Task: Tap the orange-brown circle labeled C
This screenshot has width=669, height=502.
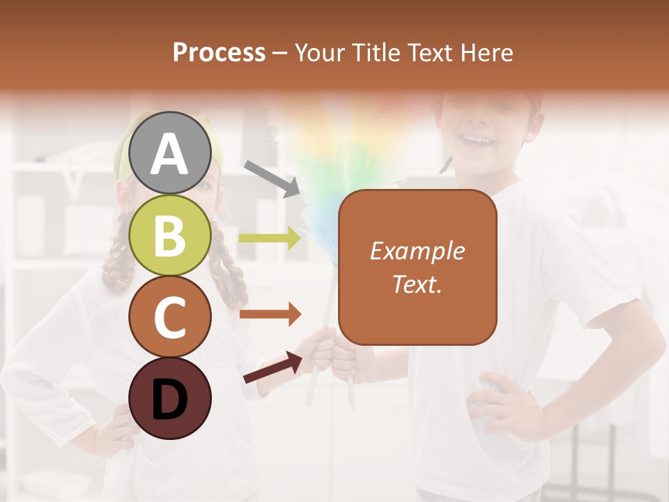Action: pyautogui.click(x=170, y=317)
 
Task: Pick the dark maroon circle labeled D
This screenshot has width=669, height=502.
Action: pyautogui.click(x=170, y=398)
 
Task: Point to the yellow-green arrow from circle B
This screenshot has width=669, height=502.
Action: pyautogui.click(x=270, y=238)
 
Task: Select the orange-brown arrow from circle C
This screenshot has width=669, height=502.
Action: pyautogui.click(x=270, y=314)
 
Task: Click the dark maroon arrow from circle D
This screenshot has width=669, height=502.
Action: pyautogui.click(x=272, y=367)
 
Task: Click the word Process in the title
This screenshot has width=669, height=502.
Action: pyautogui.click(x=219, y=52)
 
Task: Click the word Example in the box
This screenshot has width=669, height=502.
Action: pyautogui.click(x=417, y=251)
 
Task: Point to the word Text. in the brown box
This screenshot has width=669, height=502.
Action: pyautogui.click(x=417, y=284)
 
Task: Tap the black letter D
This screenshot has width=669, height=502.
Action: pyautogui.click(x=170, y=400)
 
